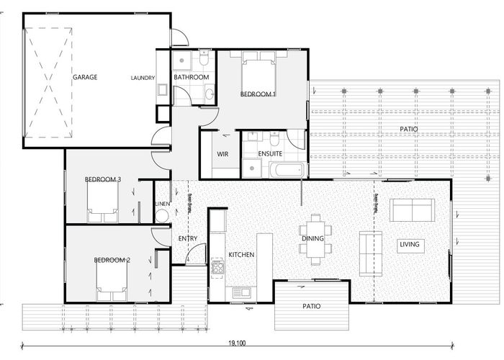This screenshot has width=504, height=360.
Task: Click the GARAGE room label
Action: click(x=84, y=77)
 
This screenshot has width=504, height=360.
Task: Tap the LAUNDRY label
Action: click(x=143, y=78)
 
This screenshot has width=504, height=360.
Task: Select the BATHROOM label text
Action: click(x=192, y=77)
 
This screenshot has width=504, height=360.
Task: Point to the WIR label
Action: click(x=222, y=154)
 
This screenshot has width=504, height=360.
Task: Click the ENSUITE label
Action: click(x=270, y=154)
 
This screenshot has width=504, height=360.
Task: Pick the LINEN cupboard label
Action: click(x=162, y=204)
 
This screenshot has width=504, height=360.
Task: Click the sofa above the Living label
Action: click(x=412, y=210)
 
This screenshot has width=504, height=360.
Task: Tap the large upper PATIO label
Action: click(x=409, y=130)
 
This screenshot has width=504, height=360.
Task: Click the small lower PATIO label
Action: click(x=311, y=306)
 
